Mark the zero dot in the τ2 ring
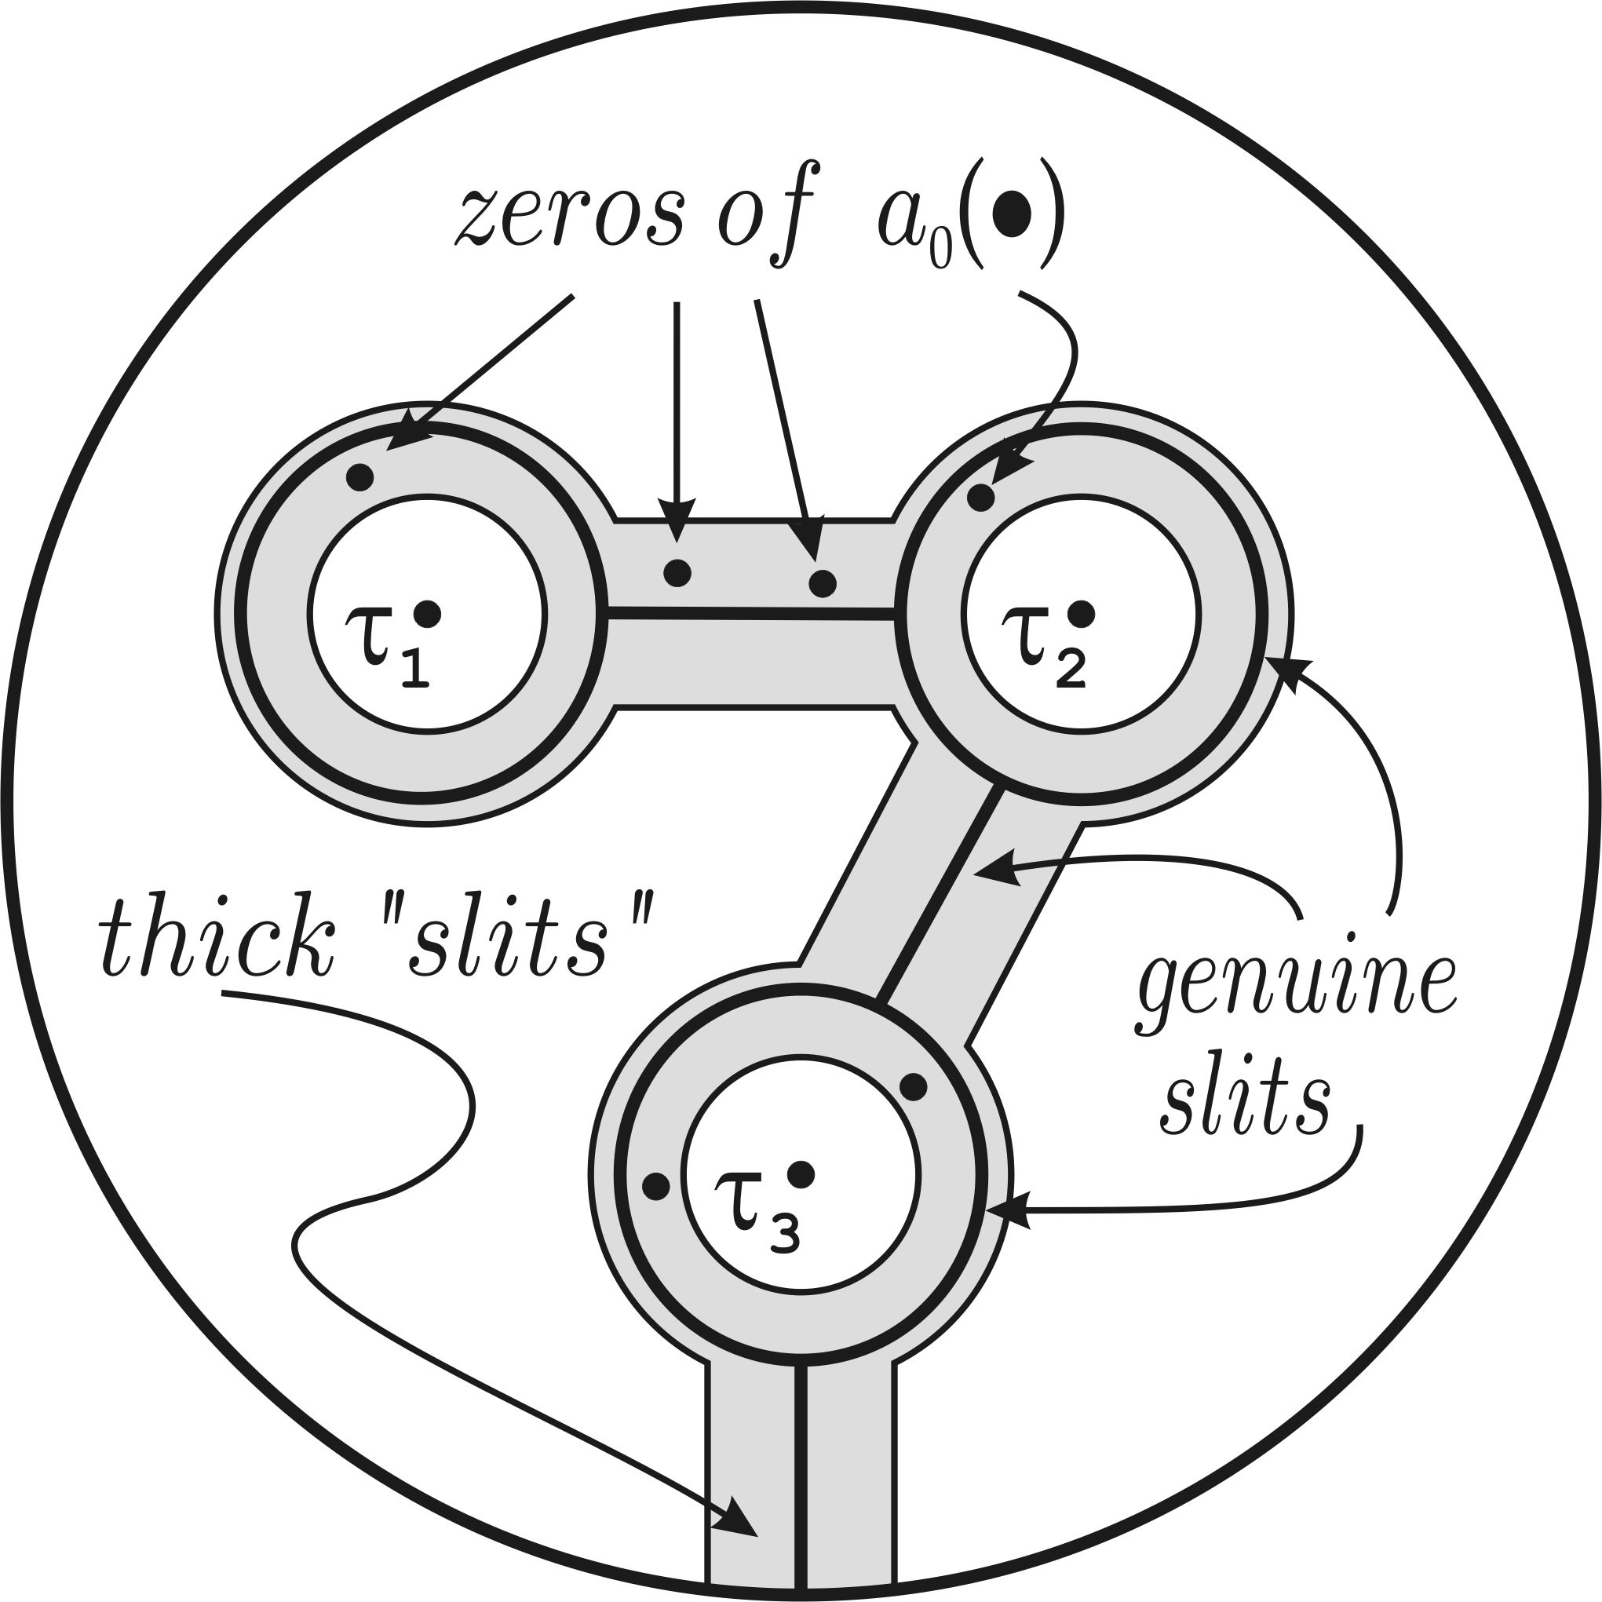click(981, 498)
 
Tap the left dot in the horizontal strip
click(677, 573)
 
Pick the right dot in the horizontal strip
click(822, 583)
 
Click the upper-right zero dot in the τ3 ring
click(913, 1086)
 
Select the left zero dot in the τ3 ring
click(656, 1187)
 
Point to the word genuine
click(1295, 991)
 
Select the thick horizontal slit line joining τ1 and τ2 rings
click(750, 614)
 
